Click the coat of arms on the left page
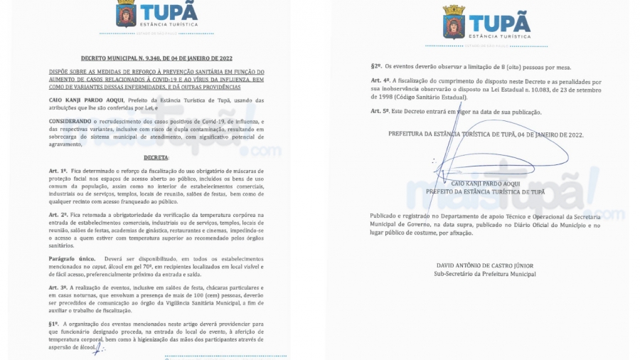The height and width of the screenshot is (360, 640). pyautogui.click(x=126, y=14)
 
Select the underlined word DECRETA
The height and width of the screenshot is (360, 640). pyautogui.click(x=156, y=157)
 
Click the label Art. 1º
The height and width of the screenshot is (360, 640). pyautogui.click(x=58, y=171)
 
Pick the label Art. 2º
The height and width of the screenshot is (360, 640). pyautogui.click(x=58, y=214)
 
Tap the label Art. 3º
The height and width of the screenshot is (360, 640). pyautogui.click(x=58, y=285)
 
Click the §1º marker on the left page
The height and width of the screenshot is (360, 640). pyautogui.click(x=54, y=322)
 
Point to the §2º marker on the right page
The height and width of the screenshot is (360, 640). pyautogui.click(x=376, y=67)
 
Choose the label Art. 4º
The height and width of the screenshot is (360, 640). pyautogui.click(x=380, y=82)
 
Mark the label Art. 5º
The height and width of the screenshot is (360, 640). pyautogui.click(x=380, y=112)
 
